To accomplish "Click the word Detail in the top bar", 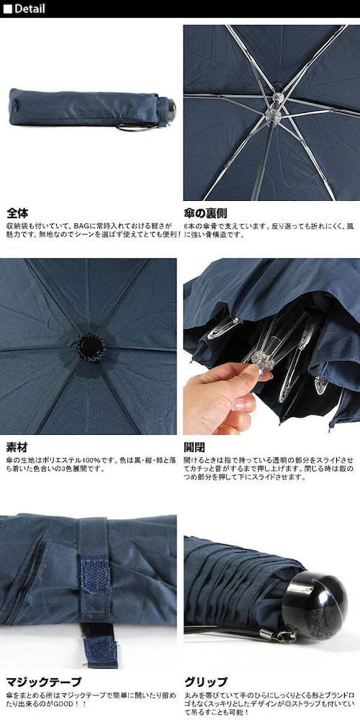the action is coord(30,8).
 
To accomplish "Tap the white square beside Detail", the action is coord(7,9).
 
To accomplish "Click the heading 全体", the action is coord(17,213).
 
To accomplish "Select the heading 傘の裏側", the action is coord(205,213).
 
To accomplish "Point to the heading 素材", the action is coord(17,447).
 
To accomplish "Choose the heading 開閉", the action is coord(194,447).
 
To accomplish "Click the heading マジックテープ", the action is coord(44,682).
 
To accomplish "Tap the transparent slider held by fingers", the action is coord(262,361).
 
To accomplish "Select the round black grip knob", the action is coord(315,606).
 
